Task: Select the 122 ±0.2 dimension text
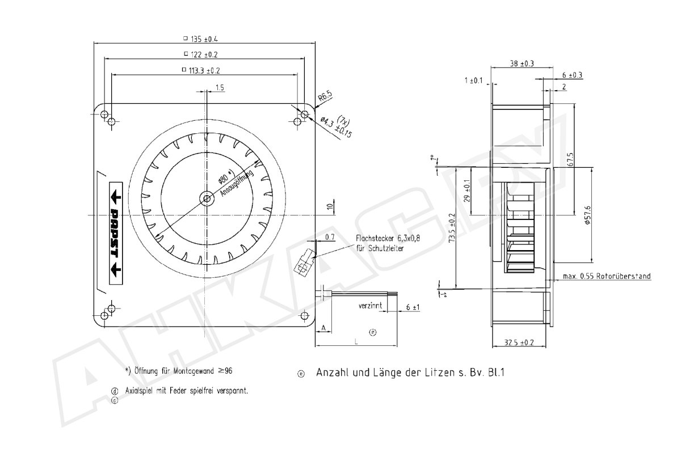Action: click(204, 54)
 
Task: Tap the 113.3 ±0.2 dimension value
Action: click(204, 71)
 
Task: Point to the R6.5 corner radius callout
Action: click(325, 96)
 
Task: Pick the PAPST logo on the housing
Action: click(116, 233)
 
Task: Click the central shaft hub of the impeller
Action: click(207, 199)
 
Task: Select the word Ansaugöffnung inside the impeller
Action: click(237, 184)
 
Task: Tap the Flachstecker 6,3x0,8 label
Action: click(388, 238)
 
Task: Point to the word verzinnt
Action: click(370, 306)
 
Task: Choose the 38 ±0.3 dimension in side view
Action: click(522, 64)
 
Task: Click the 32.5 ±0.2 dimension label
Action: click(519, 343)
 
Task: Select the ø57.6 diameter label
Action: click(588, 215)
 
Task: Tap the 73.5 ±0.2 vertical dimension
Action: click(452, 227)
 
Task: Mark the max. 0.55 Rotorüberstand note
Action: click(607, 276)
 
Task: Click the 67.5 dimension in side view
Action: click(570, 159)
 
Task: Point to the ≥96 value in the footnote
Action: click(225, 371)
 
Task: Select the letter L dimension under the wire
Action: click(356, 342)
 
